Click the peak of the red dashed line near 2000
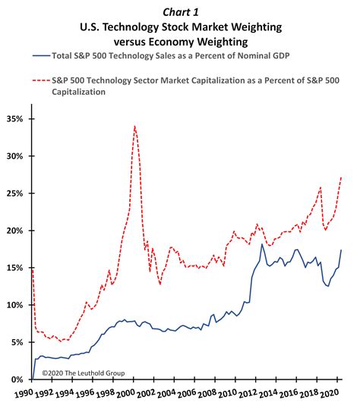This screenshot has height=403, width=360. click(x=134, y=126)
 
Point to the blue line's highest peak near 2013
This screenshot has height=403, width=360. click(x=262, y=244)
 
